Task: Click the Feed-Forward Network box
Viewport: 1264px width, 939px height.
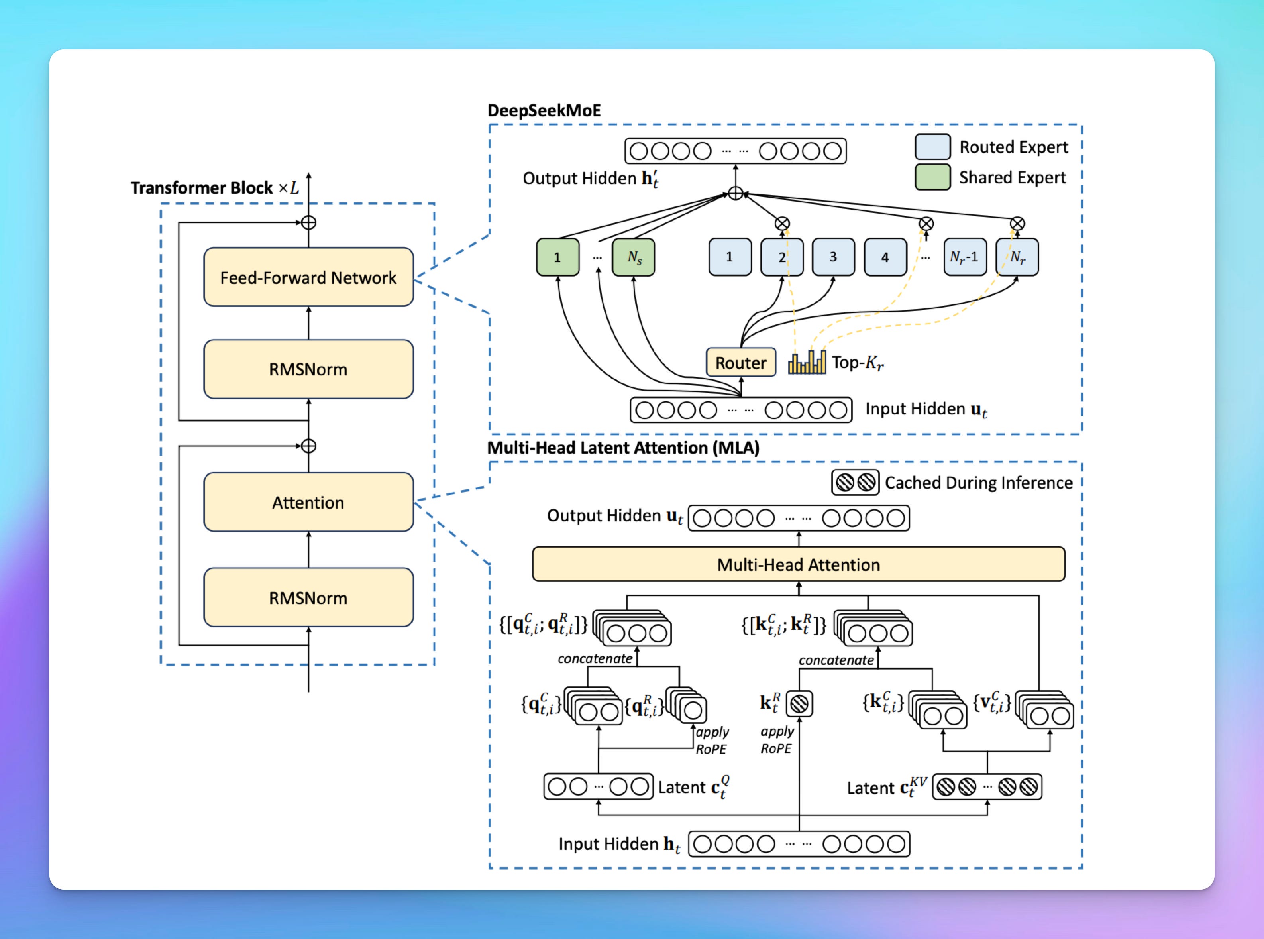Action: click(x=308, y=277)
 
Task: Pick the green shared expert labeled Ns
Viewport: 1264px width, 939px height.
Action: click(x=634, y=257)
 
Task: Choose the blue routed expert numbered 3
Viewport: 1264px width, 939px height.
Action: click(x=832, y=257)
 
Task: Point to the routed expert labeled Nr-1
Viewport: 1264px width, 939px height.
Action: click(x=964, y=257)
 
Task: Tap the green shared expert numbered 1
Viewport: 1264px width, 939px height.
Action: click(x=557, y=257)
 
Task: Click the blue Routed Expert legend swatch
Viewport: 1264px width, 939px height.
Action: click(x=932, y=147)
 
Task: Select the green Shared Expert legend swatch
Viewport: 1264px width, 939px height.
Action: click(x=932, y=177)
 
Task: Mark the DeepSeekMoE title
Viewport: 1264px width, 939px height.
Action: click(x=544, y=110)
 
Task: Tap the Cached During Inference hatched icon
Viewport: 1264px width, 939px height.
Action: click(x=856, y=483)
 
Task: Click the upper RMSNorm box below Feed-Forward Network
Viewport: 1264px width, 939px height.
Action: click(x=308, y=369)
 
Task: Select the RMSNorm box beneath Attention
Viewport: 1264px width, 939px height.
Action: click(x=308, y=597)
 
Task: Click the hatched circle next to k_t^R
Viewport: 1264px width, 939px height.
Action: click(x=799, y=704)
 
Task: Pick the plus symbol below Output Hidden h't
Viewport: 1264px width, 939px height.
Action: click(x=736, y=194)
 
